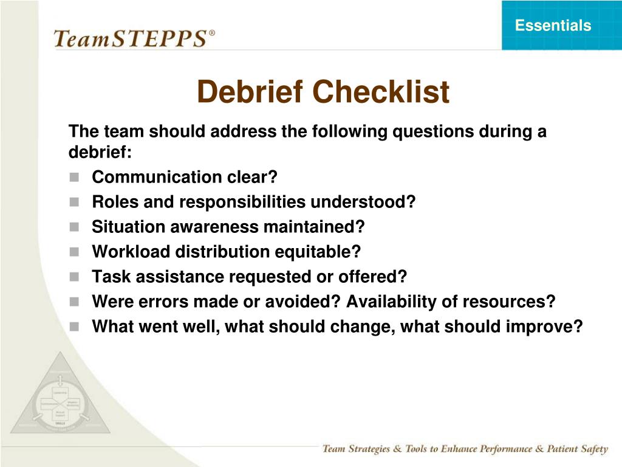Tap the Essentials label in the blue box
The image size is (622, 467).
(553, 26)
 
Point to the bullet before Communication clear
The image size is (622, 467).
(74, 178)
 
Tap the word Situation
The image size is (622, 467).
(128, 227)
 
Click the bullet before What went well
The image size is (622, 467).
(74, 327)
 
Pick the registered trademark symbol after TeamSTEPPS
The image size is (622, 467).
(212, 33)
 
